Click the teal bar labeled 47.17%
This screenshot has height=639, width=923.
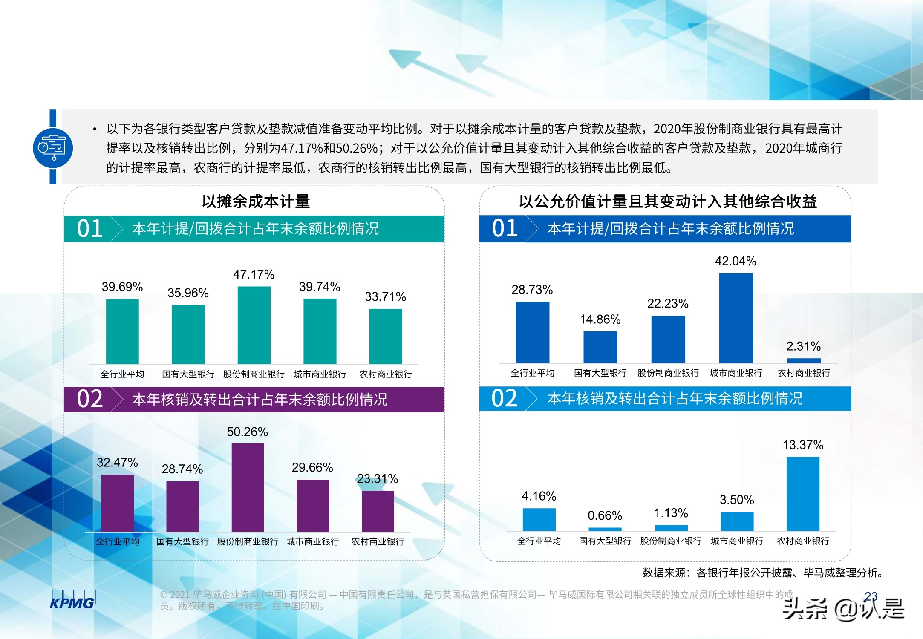[254, 325]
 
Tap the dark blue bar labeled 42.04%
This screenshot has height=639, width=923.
[736, 318]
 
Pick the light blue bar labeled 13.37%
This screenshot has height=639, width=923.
[803, 493]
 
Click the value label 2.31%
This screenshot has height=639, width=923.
[803, 346]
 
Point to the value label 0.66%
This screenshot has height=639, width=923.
[605, 515]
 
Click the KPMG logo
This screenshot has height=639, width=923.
[72, 600]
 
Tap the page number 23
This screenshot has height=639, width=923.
[871, 596]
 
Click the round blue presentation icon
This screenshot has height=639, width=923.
[53, 148]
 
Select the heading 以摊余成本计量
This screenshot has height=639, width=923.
[256, 201]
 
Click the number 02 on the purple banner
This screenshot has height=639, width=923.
[90, 399]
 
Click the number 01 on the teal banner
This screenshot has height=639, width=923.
[90, 229]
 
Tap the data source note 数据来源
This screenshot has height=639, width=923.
[763, 573]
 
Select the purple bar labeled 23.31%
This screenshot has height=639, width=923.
[378, 511]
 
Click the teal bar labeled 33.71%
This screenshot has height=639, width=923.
[385, 336]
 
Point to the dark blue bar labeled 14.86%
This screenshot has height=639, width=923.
[600, 347]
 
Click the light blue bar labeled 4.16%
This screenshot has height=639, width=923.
[539, 519]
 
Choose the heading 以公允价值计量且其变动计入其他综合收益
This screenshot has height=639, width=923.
[668, 201]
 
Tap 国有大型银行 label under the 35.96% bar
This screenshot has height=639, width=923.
[188, 374]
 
